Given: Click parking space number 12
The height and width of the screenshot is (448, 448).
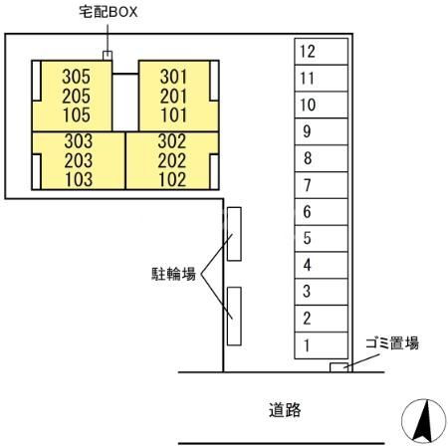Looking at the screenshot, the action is point(321,52).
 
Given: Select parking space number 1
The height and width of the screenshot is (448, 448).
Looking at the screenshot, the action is point(321,345).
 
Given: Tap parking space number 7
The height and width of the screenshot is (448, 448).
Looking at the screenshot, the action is point(321,185).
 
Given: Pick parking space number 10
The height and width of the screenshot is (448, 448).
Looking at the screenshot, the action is point(321,105).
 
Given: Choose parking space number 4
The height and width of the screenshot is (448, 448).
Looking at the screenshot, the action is point(321,265).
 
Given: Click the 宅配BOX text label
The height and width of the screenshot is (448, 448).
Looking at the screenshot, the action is point(109,12).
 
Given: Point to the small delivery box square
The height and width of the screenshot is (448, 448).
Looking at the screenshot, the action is point(108,56).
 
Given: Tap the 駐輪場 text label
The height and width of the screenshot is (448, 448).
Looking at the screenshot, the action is point(173,274).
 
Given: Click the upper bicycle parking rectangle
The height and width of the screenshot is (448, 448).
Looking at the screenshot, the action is point(234,234).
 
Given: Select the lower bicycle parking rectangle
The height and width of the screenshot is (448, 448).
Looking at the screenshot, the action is point(234,317).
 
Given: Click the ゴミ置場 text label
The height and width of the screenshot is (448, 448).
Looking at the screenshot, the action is point(392,343).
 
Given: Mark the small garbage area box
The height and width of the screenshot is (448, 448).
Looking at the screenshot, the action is point(338,367).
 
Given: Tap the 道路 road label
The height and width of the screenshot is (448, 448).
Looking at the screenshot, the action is point(285,410).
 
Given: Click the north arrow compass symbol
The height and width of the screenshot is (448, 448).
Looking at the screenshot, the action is point(424,421).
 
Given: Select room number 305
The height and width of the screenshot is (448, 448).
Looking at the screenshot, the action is point(76,77).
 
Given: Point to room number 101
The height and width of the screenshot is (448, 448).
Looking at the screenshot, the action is point(173,115).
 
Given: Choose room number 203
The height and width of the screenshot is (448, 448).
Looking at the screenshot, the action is point(79,161).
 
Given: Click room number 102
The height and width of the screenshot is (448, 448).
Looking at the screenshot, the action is point(172,180).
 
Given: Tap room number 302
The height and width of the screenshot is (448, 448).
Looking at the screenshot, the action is point(172,141).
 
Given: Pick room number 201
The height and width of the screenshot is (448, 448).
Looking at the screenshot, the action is point(173,97).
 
